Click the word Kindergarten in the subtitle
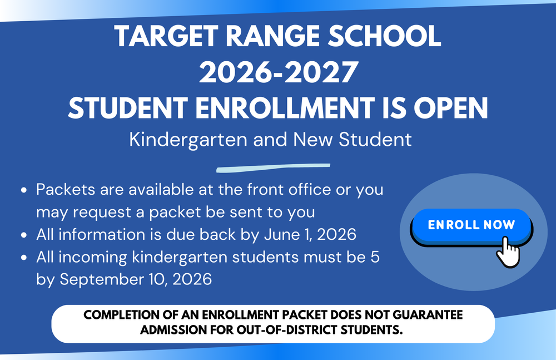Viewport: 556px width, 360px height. [188, 139]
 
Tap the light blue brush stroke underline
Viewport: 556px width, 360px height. [273, 167]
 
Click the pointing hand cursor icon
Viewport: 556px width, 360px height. [507, 251]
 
